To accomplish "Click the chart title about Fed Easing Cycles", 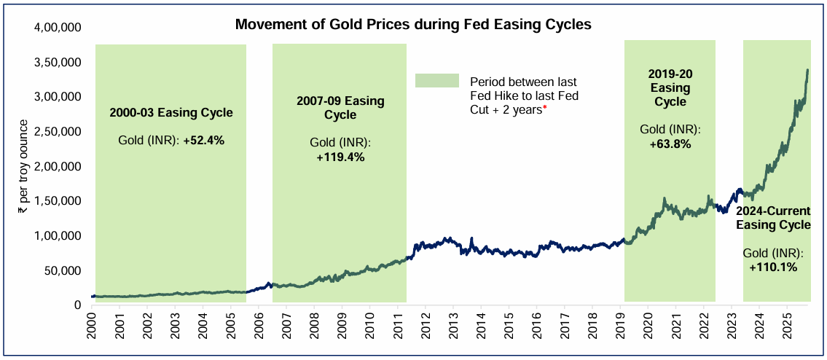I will coord(412,25).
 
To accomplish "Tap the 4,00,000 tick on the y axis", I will coord(58,28).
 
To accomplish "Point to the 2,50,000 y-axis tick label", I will coord(58,132).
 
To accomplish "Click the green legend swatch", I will coord(436,81).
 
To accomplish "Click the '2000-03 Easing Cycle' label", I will coord(171,113).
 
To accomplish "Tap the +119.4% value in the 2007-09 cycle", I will coord(340,156).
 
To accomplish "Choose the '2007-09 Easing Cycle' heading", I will coord(340,108).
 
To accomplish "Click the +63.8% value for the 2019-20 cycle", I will coord(670,144).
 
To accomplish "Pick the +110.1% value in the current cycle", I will coord(773,267).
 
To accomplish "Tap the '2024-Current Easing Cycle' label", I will coord(773,218).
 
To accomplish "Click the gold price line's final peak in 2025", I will coord(807,71).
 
